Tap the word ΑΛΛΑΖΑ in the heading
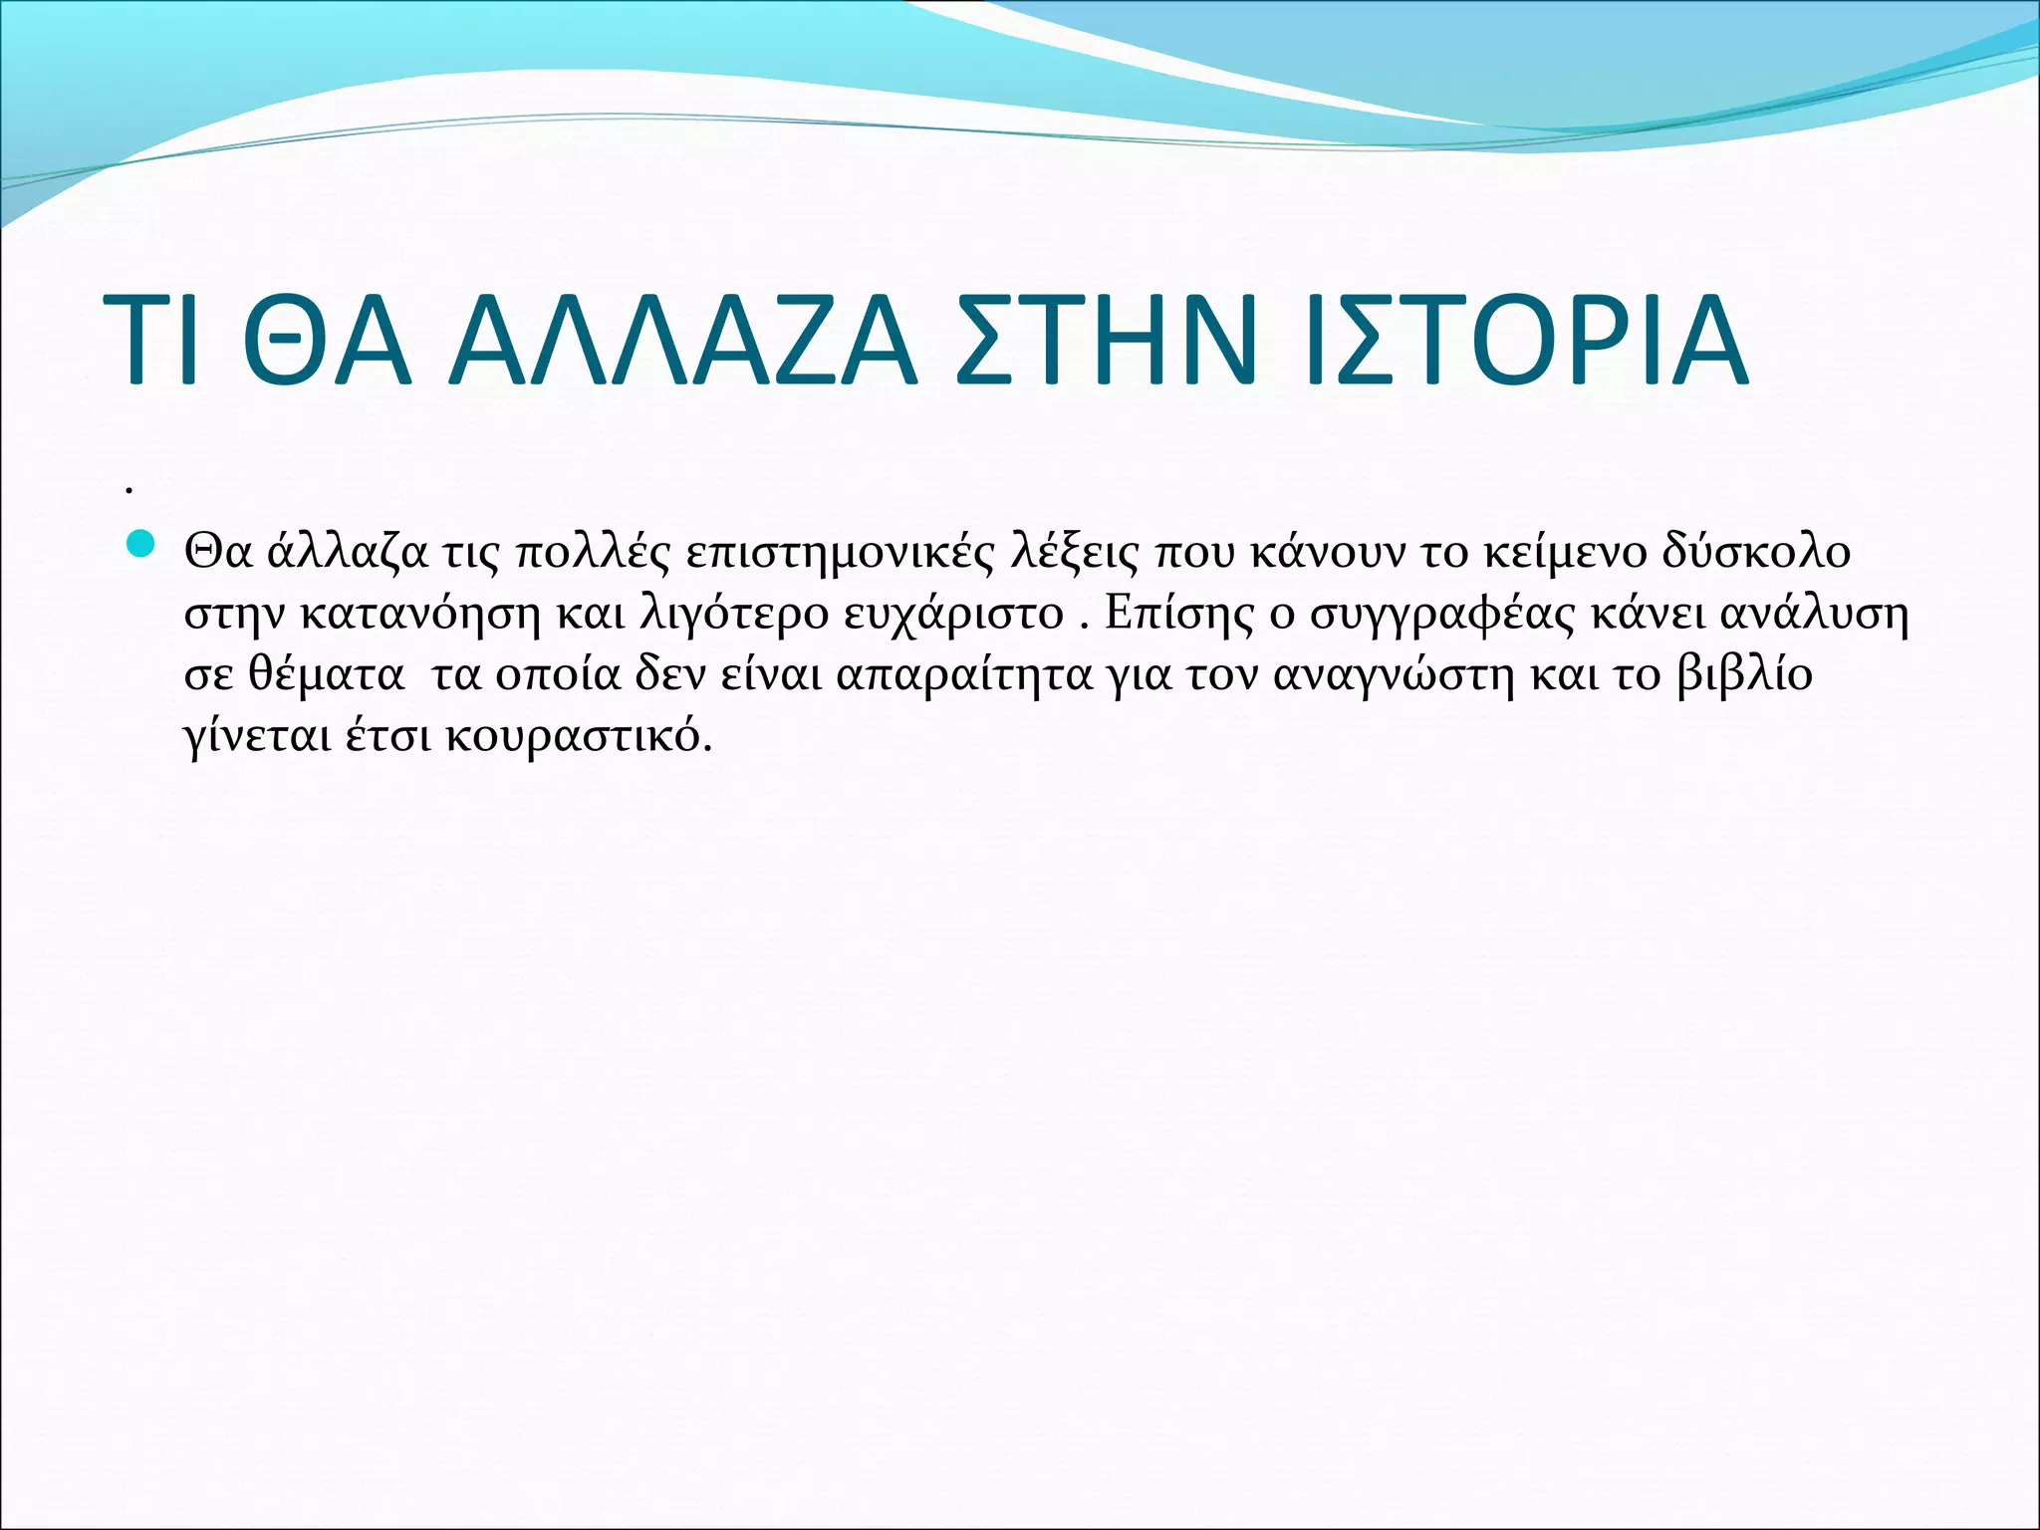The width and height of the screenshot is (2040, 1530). coord(681,340)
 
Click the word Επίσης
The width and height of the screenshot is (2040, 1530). coord(1179,614)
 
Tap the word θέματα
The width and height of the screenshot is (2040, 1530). coord(326,675)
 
